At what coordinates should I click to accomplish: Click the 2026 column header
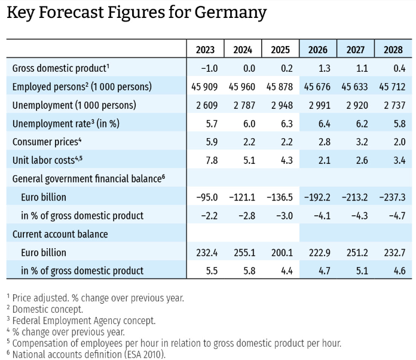pos(317,50)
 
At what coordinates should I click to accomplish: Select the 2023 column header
pos(205,50)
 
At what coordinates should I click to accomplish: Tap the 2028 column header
pos(393,50)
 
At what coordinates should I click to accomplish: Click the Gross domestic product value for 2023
pos(209,69)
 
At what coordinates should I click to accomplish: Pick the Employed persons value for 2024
pos(241,87)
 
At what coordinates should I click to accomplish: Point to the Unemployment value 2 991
pos(319,105)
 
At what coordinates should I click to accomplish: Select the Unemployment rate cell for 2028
pos(399,124)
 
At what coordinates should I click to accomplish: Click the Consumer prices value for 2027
pos(362,142)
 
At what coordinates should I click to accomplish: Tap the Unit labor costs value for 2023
pos(212,160)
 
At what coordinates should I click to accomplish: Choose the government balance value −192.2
pos(317,197)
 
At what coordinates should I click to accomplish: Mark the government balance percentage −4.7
pos(397,215)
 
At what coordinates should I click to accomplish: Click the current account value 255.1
pos(244,252)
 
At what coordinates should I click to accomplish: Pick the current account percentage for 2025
pos(287,271)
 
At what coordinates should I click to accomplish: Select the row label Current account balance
pos(60,234)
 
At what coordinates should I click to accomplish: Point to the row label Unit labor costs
pos(47,160)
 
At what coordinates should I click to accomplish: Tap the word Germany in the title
pos(231,13)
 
